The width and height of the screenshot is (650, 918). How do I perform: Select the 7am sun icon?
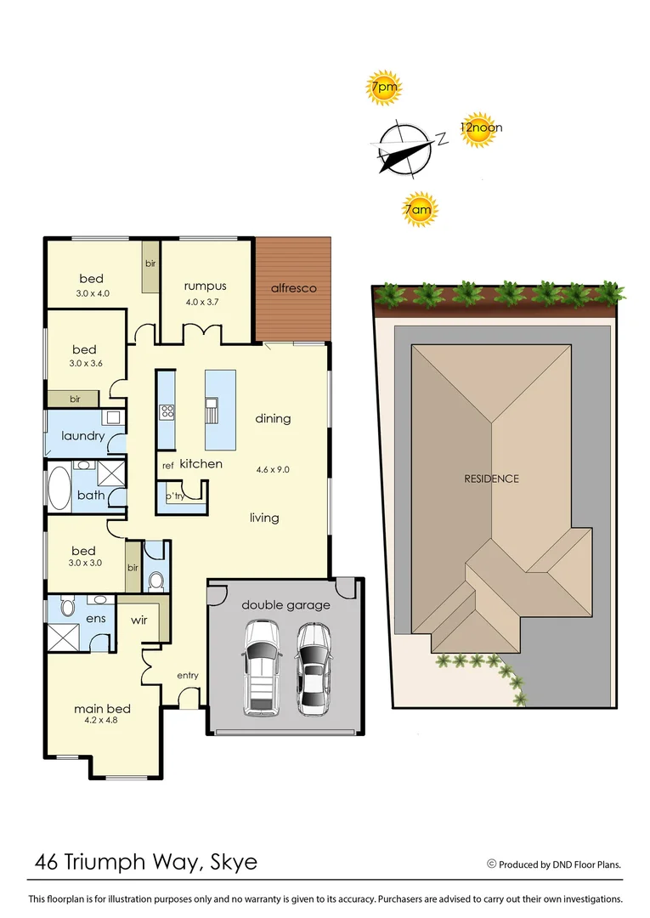(418, 209)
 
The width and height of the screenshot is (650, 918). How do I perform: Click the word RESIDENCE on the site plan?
(491, 479)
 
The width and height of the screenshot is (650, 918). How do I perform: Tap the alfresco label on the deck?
(294, 288)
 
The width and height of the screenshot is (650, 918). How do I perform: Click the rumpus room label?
(206, 286)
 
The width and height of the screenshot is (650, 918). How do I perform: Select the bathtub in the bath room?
(58, 488)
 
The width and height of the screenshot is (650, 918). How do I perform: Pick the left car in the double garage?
(261, 668)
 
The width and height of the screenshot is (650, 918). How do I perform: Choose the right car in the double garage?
(314, 668)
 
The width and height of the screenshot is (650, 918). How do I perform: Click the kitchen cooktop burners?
(167, 413)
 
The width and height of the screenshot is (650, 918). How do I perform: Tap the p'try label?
(175, 496)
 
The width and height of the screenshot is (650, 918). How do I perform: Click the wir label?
(138, 620)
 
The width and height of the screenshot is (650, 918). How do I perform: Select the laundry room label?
(83, 437)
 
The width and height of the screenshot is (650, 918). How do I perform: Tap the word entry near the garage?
(188, 676)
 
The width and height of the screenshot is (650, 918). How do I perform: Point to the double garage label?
(285, 605)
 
